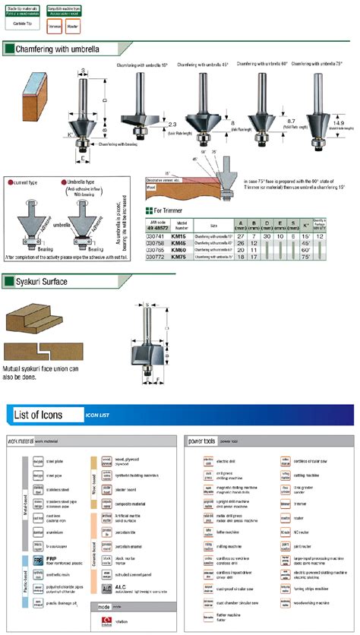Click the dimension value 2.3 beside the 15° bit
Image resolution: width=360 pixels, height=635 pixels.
(x=172, y=123)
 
